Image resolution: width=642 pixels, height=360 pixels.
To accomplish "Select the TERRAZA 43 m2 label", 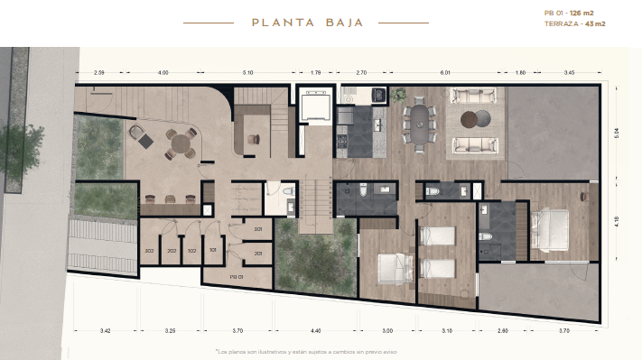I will click(x=575, y=24).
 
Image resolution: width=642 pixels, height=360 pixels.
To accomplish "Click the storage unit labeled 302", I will click(x=149, y=250).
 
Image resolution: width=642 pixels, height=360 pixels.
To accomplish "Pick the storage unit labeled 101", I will click(x=213, y=250).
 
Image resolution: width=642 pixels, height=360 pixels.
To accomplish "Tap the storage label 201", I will click(x=257, y=254).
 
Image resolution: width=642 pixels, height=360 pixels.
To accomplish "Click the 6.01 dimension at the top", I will click(x=444, y=71).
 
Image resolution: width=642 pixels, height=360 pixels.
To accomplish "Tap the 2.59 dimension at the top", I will click(x=99, y=71).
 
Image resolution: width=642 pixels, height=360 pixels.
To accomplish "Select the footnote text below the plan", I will click(x=306, y=350).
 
